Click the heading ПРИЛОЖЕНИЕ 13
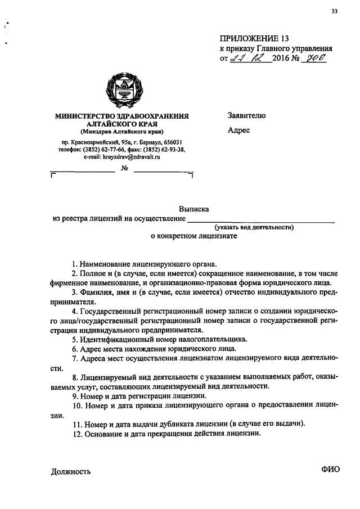tap(254, 39)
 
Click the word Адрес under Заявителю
tap(239, 130)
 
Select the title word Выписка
tap(194, 208)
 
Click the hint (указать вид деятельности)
tap(254, 227)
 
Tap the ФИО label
tap(331, 471)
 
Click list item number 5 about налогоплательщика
tap(159, 339)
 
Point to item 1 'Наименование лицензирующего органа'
tap(144, 263)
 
